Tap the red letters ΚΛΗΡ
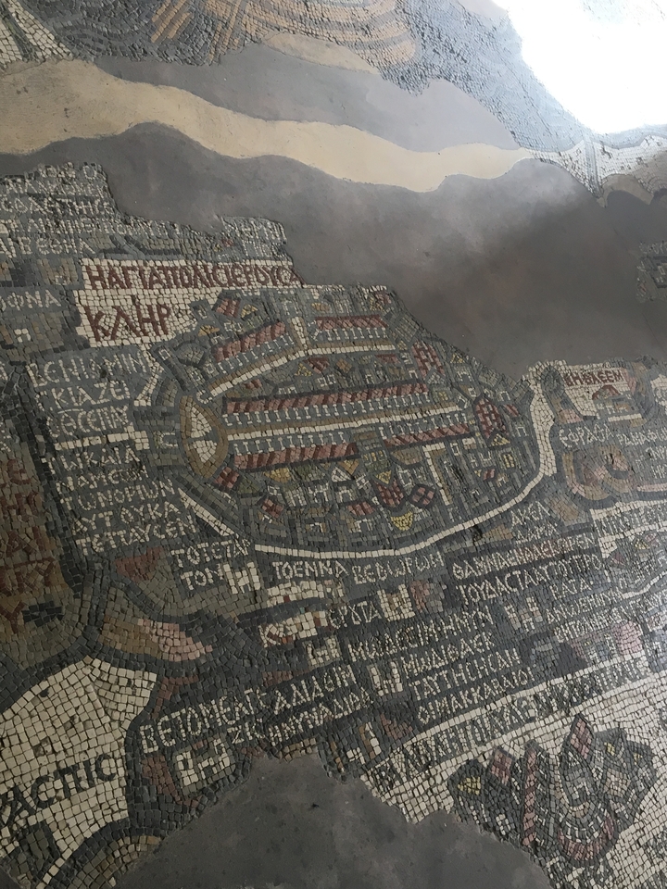pos(130,318)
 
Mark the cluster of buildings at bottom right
pos(556,787)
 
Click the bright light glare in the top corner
pos(593,56)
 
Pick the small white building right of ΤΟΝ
pos(243,580)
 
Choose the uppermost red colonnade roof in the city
pos(352,322)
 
